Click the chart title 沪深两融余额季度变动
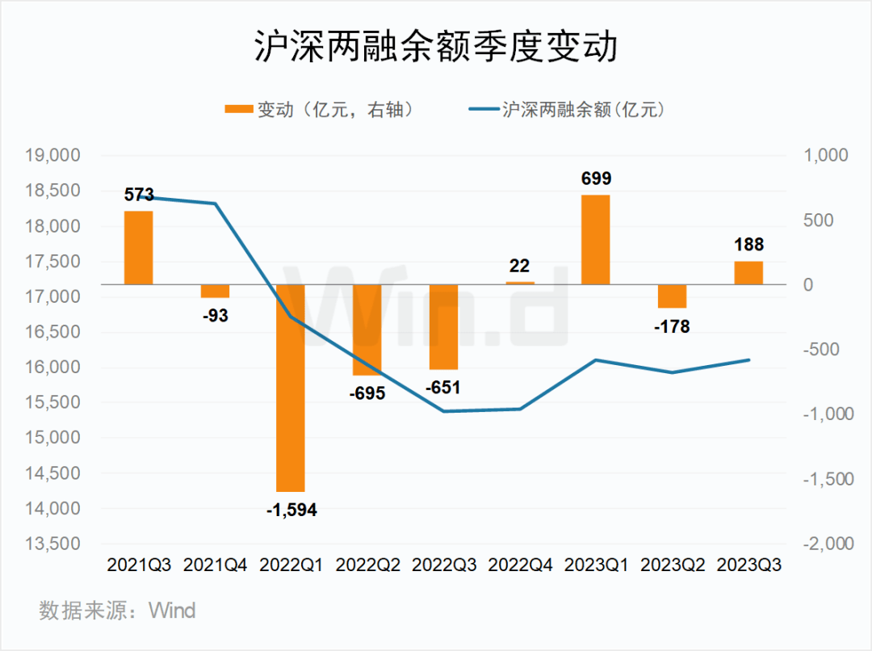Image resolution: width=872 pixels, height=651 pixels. tap(436, 48)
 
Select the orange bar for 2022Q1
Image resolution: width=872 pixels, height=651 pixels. tap(291, 388)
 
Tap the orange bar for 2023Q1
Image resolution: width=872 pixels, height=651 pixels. tap(595, 240)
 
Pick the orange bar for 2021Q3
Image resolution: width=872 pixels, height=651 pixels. tap(138, 248)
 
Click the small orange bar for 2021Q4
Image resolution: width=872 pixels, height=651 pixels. tap(215, 291)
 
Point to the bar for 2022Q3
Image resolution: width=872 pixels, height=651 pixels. tap(443, 327)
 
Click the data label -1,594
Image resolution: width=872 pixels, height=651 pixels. tap(291, 510)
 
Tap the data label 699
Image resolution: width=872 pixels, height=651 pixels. tap(595, 178)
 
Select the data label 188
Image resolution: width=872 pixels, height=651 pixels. tap(748, 245)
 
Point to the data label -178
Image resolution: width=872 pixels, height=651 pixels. tap(672, 326)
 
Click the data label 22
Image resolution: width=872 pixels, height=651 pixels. tap(519, 266)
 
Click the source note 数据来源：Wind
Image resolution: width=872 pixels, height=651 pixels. tap(117, 610)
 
